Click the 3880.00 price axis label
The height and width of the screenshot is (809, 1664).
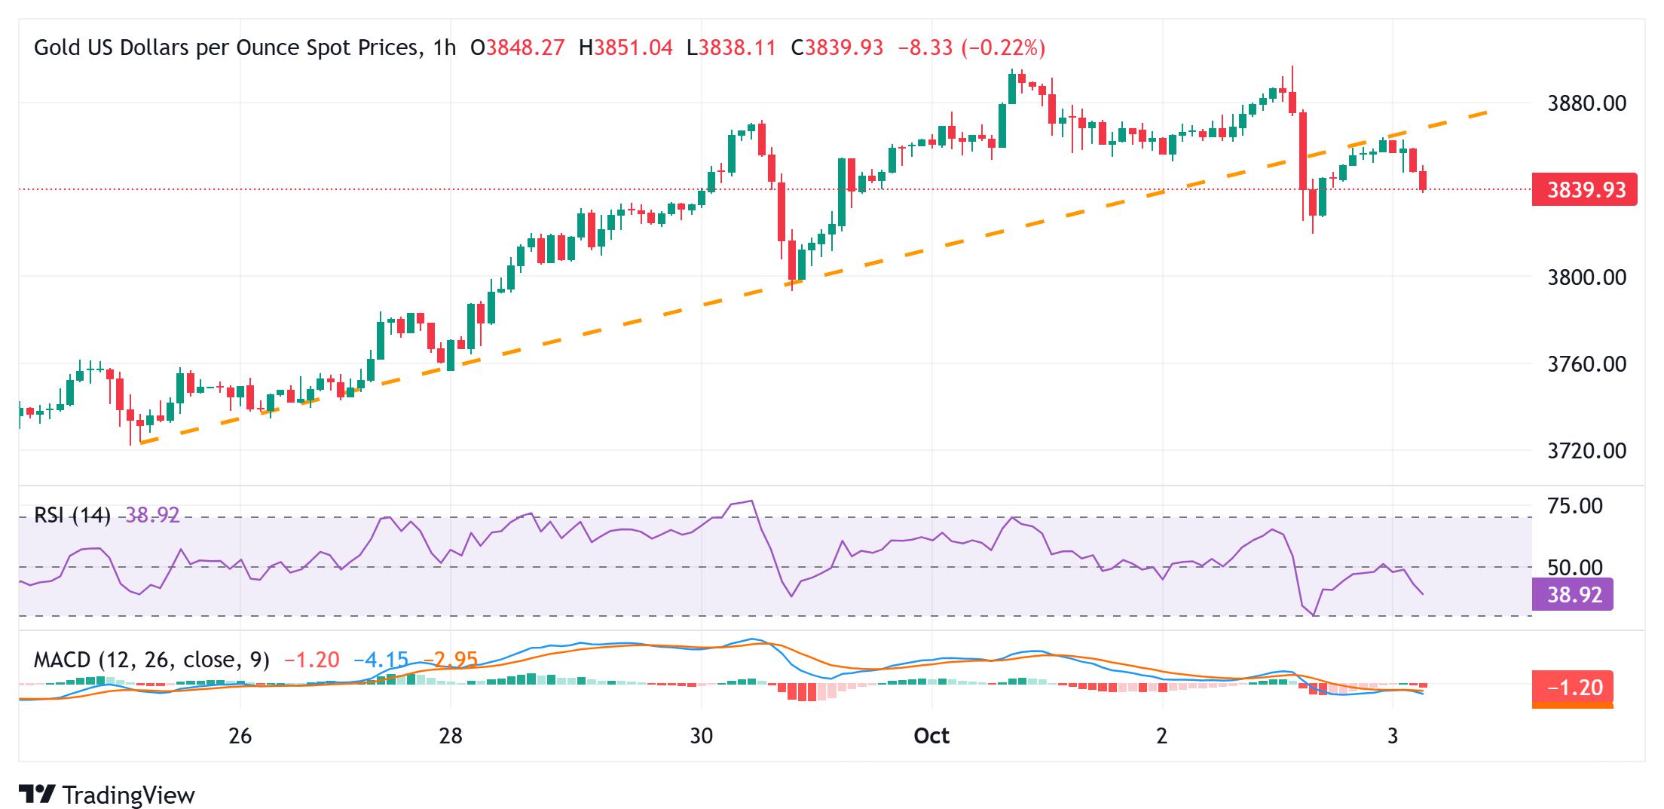coord(1586,103)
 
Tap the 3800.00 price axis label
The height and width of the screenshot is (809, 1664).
coord(1586,277)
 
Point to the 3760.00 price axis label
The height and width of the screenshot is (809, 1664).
coord(1586,364)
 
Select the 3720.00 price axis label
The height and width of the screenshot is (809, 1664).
coord(1586,451)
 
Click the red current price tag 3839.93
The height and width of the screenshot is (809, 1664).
coord(1585,190)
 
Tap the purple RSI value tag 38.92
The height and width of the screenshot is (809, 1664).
coord(1574,595)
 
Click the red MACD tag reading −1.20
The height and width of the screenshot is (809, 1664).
coord(1574,688)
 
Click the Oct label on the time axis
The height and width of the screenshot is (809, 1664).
coord(931,736)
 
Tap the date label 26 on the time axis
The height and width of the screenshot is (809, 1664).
coord(240,736)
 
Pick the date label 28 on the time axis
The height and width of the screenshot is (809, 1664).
coord(450,736)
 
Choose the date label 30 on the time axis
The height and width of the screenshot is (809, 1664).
coord(701,736)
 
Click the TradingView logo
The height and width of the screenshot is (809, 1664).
coord(107,795)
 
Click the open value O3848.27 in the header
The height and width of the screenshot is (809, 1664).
coord(517,48)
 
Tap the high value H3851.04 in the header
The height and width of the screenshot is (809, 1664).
coord(626,48)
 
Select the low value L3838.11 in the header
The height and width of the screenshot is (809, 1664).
coord(731,48)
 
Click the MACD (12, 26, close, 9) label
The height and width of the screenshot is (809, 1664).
coord(151,660)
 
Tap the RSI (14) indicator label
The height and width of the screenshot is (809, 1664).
coord(72,516)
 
